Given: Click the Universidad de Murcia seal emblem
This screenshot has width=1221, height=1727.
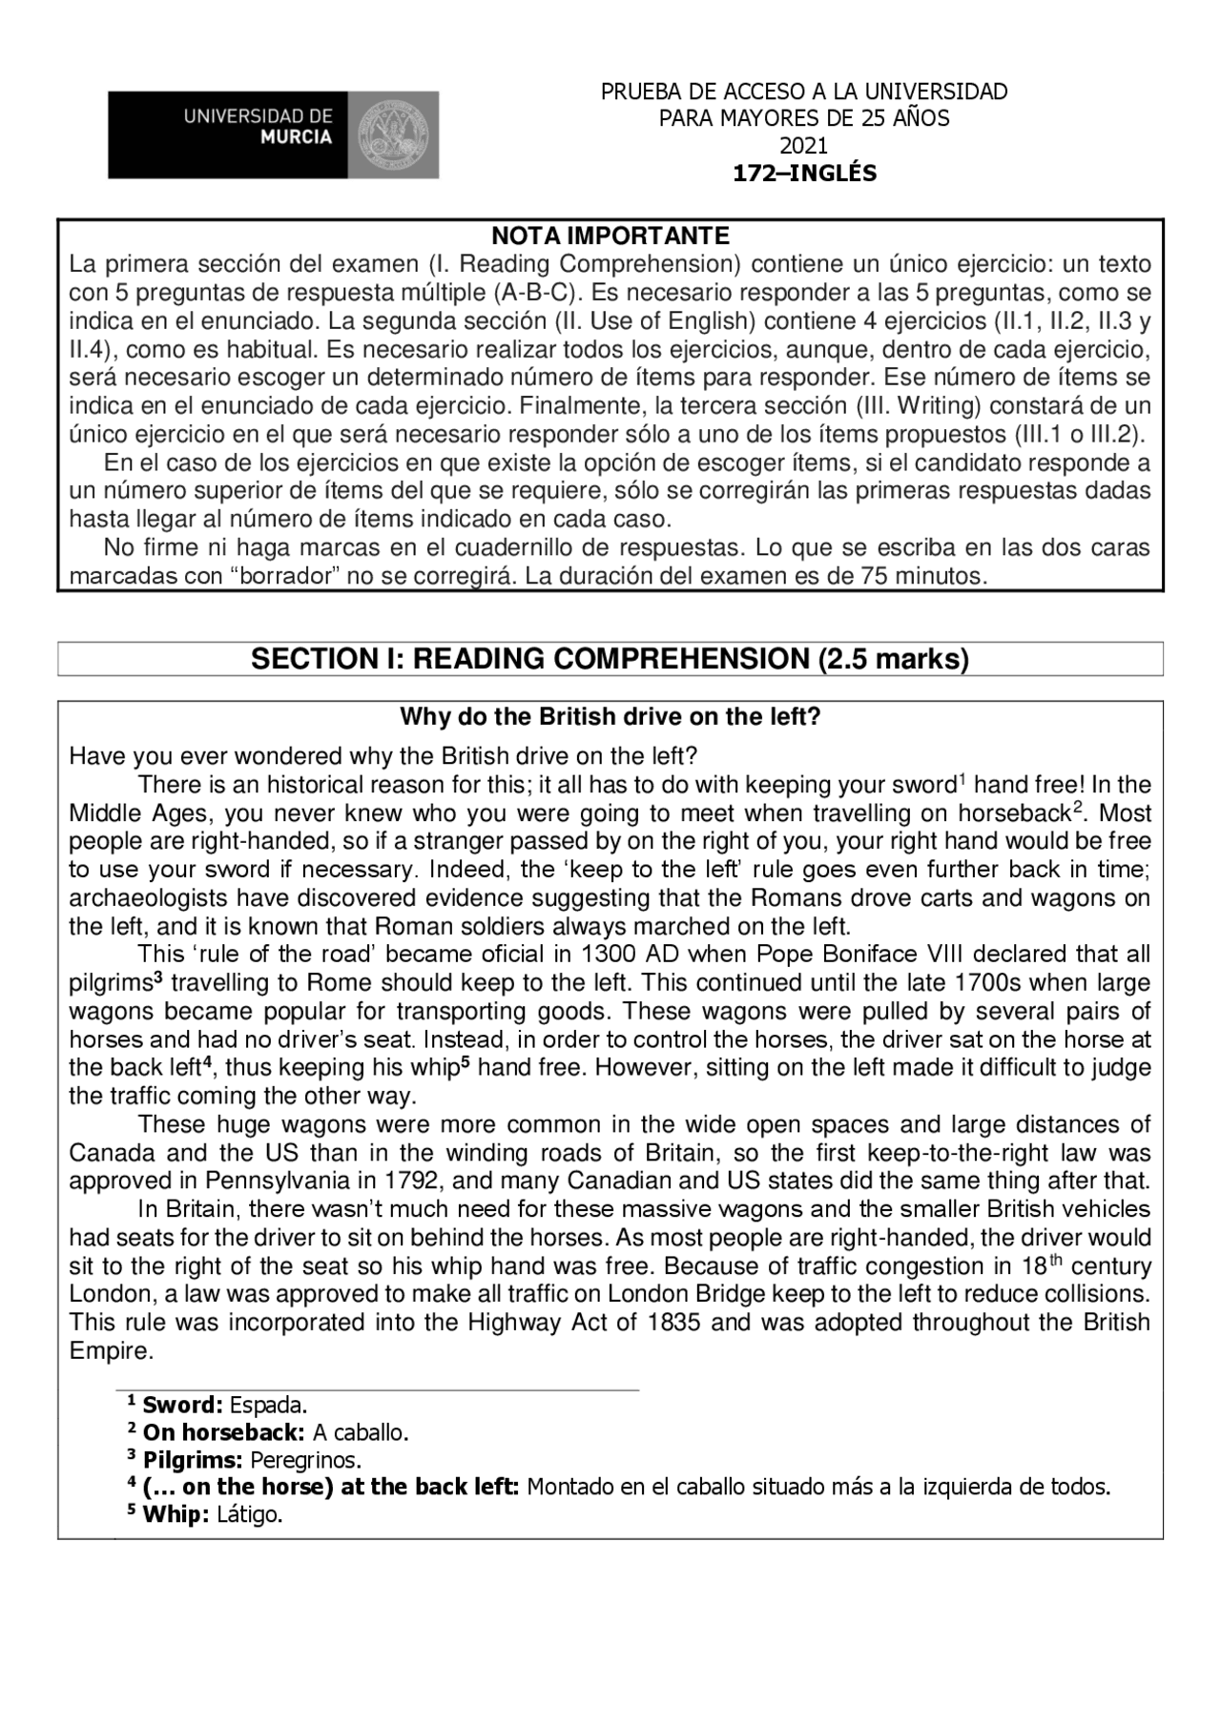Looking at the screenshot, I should (392, 134).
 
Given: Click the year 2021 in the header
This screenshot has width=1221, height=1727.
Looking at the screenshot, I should (803, 146).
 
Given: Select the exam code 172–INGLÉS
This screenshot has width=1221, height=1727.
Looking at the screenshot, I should (803, 174).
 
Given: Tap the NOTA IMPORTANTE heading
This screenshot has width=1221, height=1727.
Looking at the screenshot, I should (610, 236).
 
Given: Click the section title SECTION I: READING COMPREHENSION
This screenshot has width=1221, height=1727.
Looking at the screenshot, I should (610, 659).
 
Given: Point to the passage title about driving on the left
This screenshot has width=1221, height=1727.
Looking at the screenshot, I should (610, 717).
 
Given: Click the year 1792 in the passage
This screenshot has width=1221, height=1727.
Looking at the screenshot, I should (413, 1181).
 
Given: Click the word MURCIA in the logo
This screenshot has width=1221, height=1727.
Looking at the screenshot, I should (296, 137).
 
